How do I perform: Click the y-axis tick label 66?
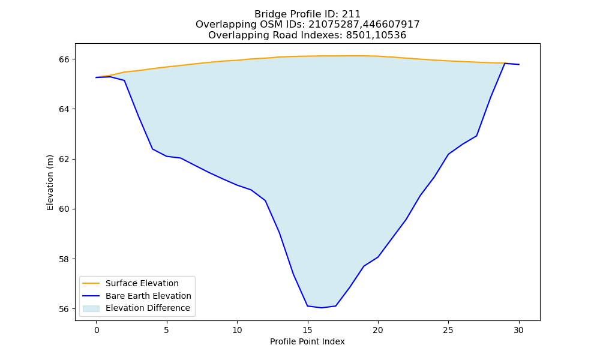[64, 59]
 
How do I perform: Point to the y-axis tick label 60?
[64, 209]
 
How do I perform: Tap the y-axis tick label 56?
[64, 309]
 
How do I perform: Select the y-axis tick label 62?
[64, 159]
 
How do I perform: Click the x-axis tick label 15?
[307, 330]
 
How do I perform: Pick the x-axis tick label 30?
[518, 330]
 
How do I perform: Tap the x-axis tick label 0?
[97, 330]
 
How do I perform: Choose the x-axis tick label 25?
[448, 330]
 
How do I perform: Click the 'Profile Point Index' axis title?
[307, 341]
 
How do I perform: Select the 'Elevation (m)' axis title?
[50, 182]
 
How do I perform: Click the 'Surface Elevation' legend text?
[142, 283]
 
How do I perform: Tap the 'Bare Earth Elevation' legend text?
[148, 296]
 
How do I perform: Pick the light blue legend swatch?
[91, 308]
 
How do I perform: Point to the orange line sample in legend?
[91, 283]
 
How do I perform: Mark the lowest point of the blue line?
[322, 308]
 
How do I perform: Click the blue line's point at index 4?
[152, 149]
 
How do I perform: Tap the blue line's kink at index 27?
[476, 136]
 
